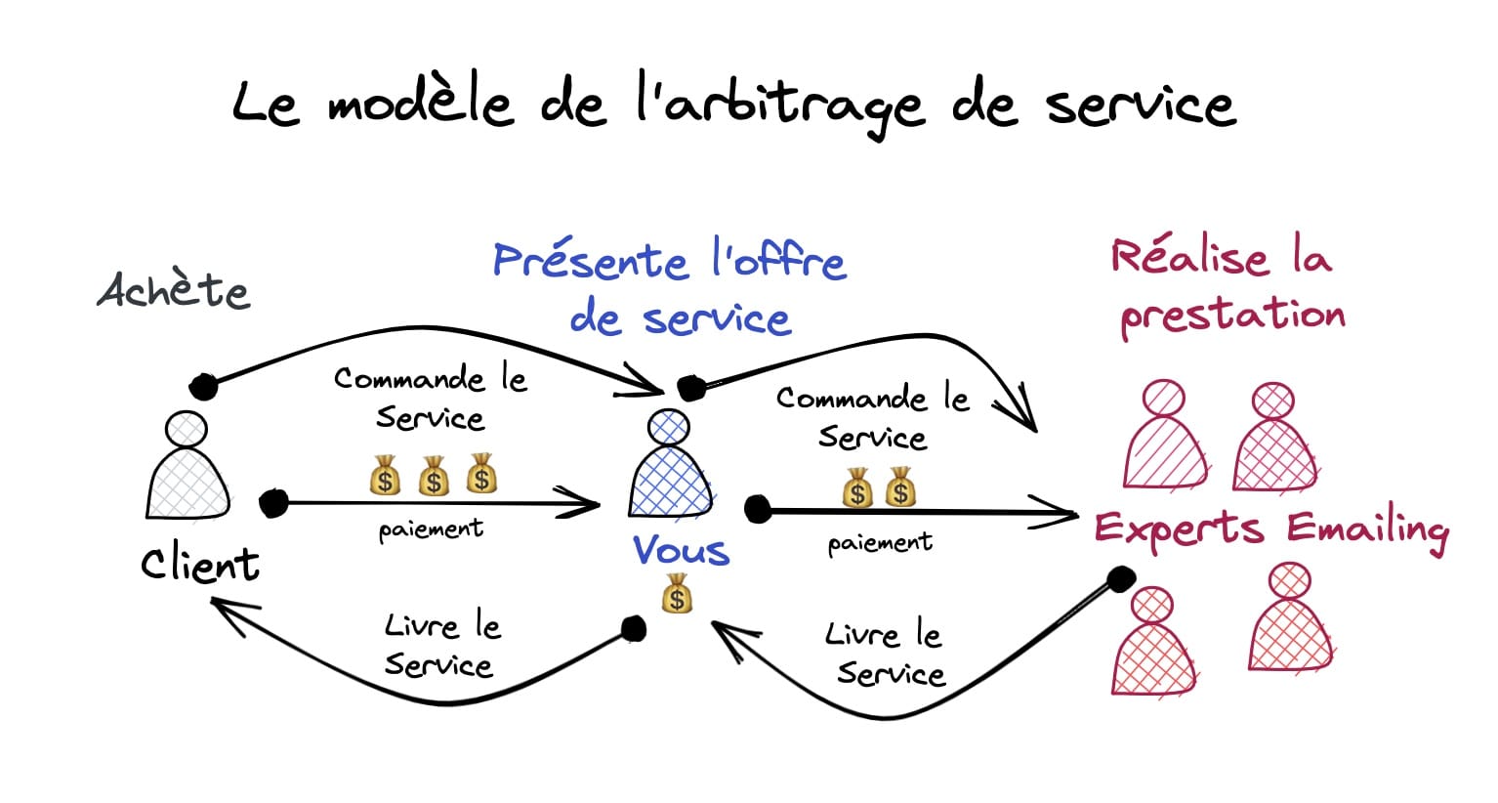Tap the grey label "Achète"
175,290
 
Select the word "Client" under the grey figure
200,564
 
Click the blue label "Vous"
681,550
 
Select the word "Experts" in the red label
1178,529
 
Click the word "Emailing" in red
1366,529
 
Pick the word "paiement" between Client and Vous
431,529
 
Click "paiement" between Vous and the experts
880,542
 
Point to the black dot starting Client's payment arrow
273,503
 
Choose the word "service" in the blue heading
716,319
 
